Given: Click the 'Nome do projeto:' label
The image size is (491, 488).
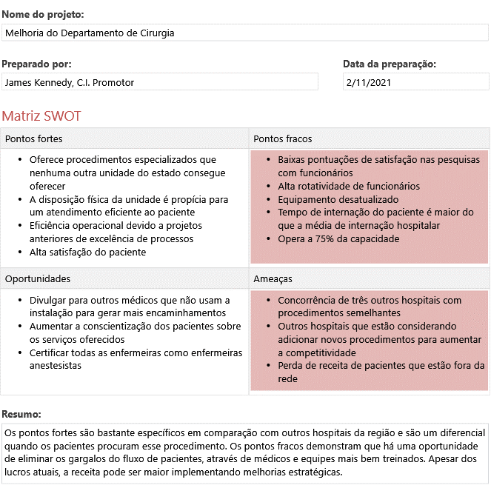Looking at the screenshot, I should click(42, 14).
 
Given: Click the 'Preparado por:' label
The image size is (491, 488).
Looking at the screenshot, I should click(36, 64).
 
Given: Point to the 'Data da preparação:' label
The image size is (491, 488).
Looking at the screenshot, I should click(389, 64).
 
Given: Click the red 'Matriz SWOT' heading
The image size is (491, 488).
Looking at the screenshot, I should click(41, 116).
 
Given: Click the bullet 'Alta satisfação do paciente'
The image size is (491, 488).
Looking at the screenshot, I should click(87, 252).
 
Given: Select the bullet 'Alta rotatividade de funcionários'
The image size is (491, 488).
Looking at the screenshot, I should click(348, 186).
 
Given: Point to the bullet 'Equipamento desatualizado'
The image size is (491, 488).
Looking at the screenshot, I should click(338, 199).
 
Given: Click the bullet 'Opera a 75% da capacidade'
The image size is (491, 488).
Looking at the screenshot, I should click(338, 238).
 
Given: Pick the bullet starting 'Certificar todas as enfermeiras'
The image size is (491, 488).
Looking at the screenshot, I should click(136, 358).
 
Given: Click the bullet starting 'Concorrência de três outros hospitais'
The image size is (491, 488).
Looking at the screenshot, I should click(369, 307).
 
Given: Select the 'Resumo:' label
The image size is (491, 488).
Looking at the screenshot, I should click(21, 413).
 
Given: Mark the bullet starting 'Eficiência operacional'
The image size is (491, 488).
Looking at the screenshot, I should click(116, 232).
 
